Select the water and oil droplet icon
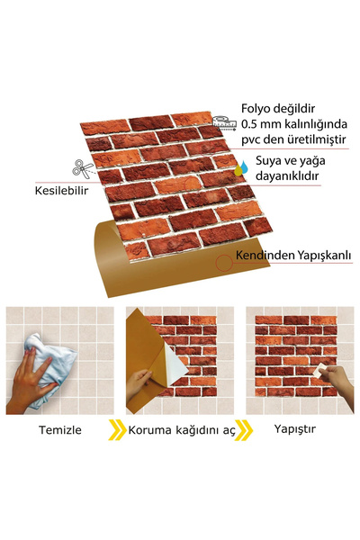tap(241, 166)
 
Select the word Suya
tap(271, 160)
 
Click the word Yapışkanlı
tap(324, 256)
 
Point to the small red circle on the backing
tap(222, 262)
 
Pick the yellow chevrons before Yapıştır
tap(244, 429)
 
